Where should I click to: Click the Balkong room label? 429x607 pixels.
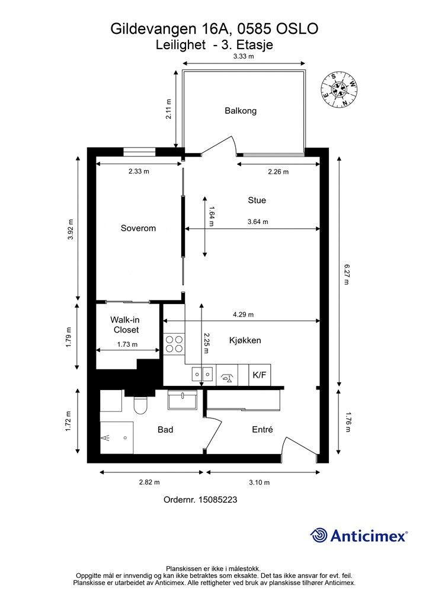pyautogui.click(x=240, y=111)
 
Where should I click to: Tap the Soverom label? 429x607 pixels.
pyautogui.click(x=138, y=228)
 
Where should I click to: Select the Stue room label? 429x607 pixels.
pyautogui.click(x=257, y=200)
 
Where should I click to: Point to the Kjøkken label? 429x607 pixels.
pyautogui.click(x=245, y=340)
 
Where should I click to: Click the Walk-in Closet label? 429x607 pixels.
pyautogui.click(x=126, y=325)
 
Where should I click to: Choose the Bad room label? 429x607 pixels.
pyautogui.click(x=165, y=430)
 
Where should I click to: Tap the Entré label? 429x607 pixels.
pyautogui.click(x=262, y=429)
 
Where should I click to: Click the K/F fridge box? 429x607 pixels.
pyautogui.click(x=259, y=375)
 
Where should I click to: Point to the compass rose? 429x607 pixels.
pyautogui.click(x=339, y=90)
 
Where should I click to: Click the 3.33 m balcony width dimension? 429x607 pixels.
pyautogui.click(x=244, y=56)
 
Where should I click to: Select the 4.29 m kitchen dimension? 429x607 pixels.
pyautogui.click(x=243, y=315)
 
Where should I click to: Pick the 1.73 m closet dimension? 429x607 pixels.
pyautogui.click(x=127, y=344)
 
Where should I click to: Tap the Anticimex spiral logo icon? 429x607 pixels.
pyautogui.click(x=318, y=535)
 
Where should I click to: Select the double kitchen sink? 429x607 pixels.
pyautogui.click(x=202, y=375)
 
